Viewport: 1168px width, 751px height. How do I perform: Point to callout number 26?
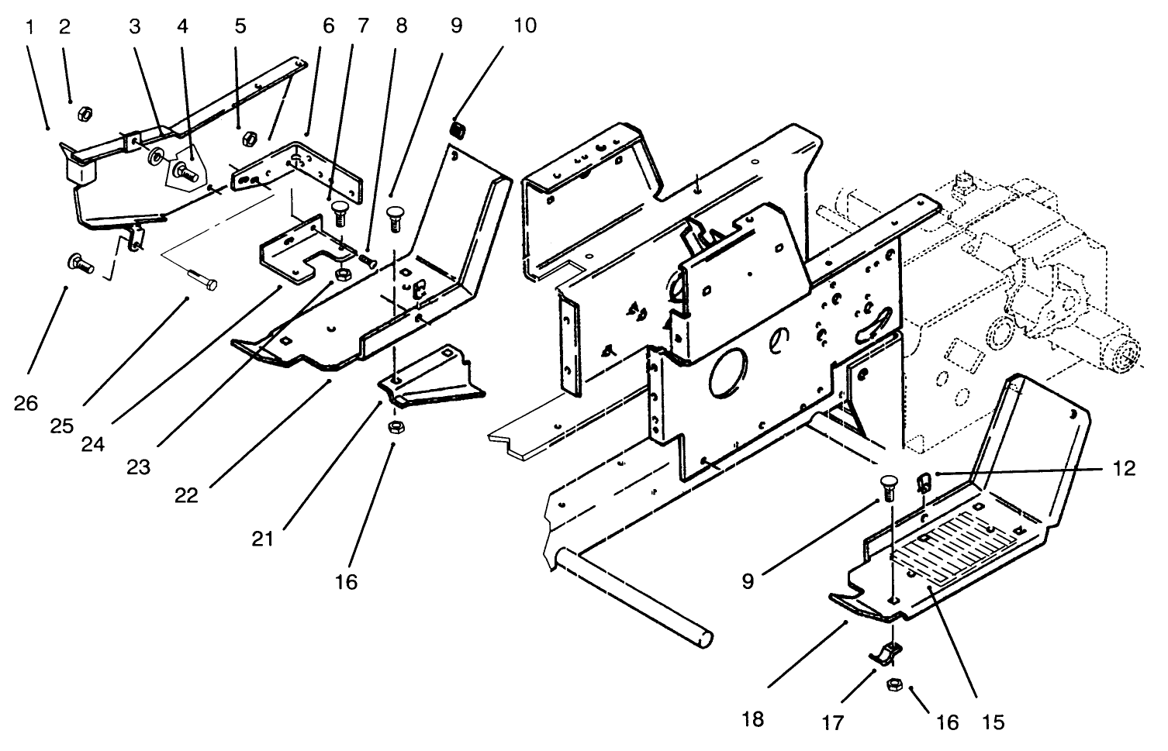(26, 403)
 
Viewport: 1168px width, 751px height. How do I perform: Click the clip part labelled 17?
(886, 654)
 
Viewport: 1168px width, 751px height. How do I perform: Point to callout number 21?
(263, 537)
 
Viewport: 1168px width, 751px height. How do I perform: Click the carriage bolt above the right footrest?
(888, 488)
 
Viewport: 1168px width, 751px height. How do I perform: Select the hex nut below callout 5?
(250, 139)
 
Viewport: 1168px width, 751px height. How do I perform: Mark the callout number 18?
(752, 718)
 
